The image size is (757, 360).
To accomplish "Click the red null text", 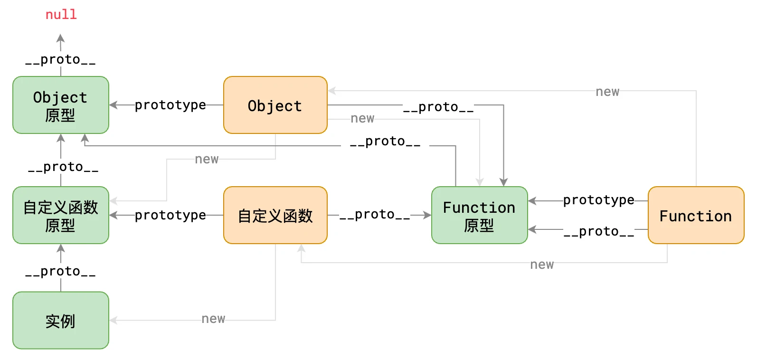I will click(x=61, y=15).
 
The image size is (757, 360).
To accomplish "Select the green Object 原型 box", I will click(x=61, y=105).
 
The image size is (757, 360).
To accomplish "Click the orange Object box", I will click(x=275, y=105).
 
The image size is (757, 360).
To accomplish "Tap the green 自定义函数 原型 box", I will click(x=61, y=215).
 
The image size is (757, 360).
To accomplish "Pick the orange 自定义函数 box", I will click(x=275, y=215).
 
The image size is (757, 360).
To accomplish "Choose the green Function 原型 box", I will click(x=479, y=215).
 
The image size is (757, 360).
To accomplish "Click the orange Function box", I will click(x=695, y=215).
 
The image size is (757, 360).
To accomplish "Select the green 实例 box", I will click(x=61, y=320).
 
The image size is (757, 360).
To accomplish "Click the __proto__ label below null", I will click(x=60, y=60).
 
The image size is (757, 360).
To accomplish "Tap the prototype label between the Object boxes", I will click(x=170, y=105).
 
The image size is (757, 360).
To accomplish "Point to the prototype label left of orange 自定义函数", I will click(x=170, y=215).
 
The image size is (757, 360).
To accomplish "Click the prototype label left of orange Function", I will click(x=598, y=200).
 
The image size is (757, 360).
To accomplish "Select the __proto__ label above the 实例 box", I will click(x=60, y=272).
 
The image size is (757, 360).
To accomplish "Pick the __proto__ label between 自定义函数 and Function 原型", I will click(x=375, y=215).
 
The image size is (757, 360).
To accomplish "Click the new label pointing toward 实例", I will click(x=213, y=319).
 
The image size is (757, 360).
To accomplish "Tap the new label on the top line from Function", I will click(x=607, y=92).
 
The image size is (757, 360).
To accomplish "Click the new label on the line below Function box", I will click(x=542, y=265).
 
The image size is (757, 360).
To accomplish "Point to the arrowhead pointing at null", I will click(x=60, y=38).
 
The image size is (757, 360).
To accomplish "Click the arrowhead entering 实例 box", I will click(x=114, y=320).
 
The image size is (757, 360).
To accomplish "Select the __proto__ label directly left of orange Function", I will click(x=598, y=231).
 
